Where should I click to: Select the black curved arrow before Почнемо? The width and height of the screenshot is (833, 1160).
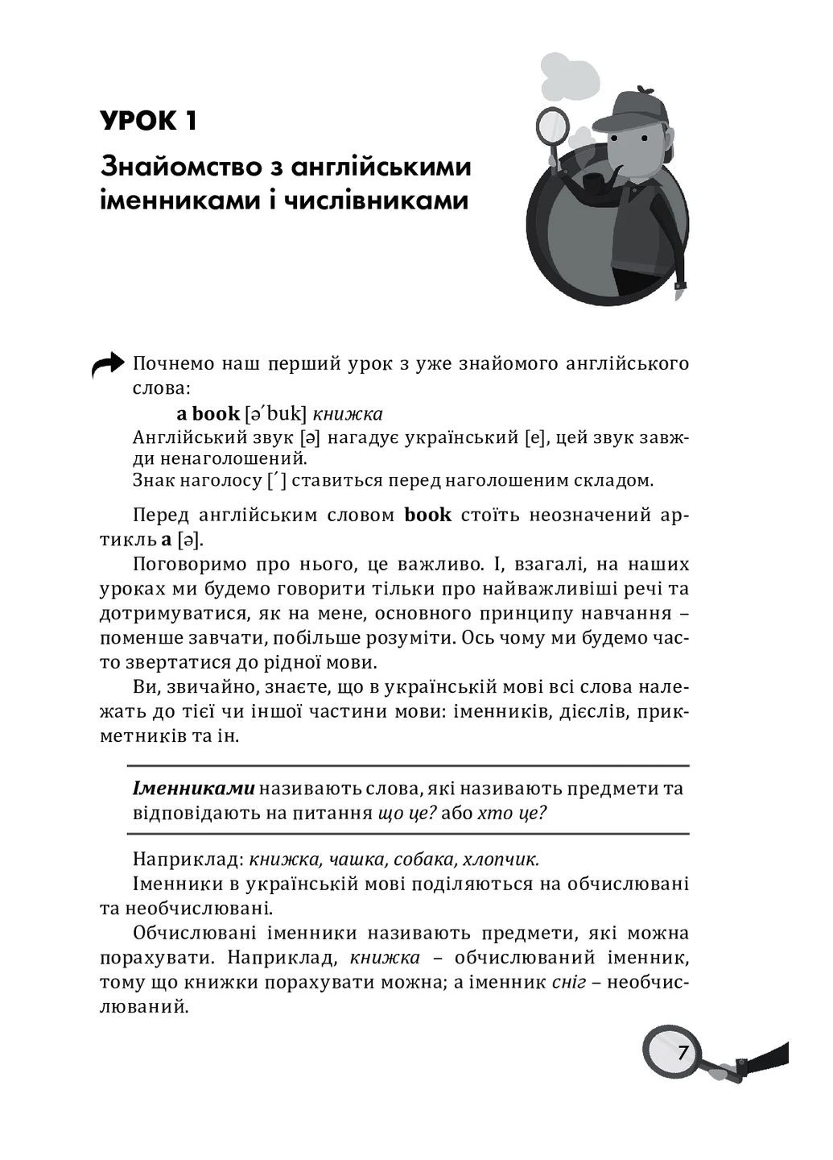108,367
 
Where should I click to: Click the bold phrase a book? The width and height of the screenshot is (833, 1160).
208,414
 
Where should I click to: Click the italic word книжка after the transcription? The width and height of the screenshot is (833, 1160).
347,414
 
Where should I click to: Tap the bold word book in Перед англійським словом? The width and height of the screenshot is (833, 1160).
427,515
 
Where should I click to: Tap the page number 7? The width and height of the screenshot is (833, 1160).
682,1053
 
